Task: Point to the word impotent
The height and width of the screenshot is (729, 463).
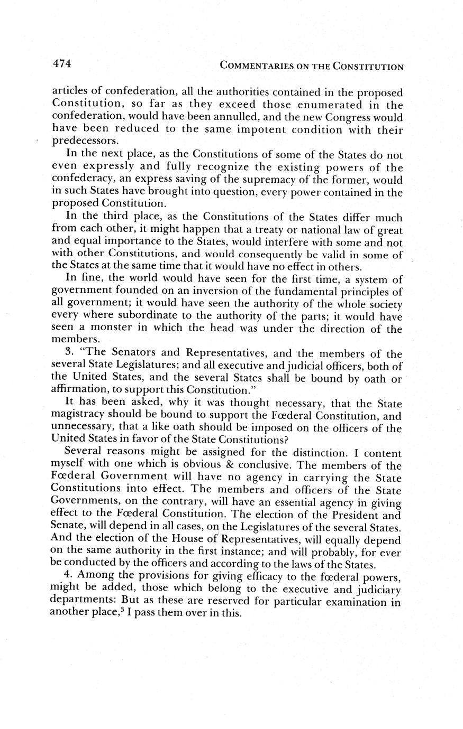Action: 237,129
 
